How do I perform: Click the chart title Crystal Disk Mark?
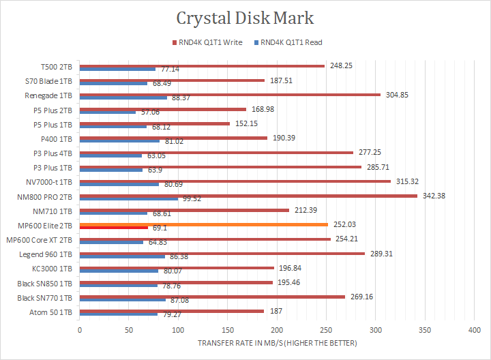tap(245, 18)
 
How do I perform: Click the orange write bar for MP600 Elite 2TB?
tap(204, 224)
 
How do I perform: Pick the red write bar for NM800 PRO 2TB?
tap(248, 196)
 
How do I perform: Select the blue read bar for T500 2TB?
tap(117, 69)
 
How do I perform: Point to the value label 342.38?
tap(436, 196)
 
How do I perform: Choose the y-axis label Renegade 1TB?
tap(49, 95)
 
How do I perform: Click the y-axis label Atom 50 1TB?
tap(50, 312)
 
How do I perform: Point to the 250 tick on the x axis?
tap(327, 330)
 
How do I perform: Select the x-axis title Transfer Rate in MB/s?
tap(277, 343)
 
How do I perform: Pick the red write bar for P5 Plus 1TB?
tap(155, 123)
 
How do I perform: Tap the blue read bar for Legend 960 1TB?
tap(122, 256)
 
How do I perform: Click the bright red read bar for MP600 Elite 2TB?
tap(114, 228)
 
